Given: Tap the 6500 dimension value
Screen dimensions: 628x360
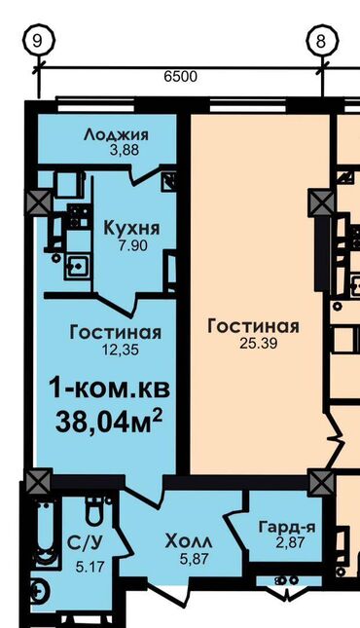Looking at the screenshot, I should pyautogui.click(x=178, y=76).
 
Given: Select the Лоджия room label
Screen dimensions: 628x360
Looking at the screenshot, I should pyautogui.click(x=116, y=134).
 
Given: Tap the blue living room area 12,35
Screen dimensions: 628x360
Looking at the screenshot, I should pyautogui.click(x=116, y=350).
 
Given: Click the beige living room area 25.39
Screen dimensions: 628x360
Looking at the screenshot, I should pyautogui.click(x=253, y=343).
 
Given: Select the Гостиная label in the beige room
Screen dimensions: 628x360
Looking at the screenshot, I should pyautogui.click(x=253, y=326).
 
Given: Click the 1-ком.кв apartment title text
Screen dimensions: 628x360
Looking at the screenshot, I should pyautogui.click(x=109, y=388).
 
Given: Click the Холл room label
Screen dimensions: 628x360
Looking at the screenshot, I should pyautogui.click(x=191, y=539).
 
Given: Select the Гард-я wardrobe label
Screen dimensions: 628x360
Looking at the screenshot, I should pyautogui.click(x=285, y=527).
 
